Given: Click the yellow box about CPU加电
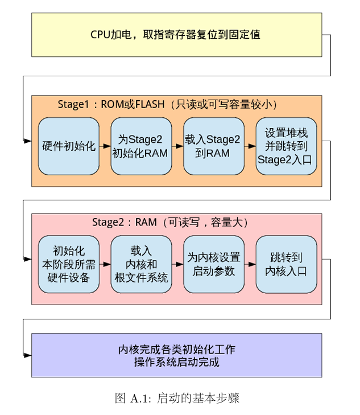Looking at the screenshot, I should coord(176,34).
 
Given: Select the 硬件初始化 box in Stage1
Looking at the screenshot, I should coord(68,146).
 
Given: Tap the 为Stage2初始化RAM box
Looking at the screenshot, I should coord(140,146).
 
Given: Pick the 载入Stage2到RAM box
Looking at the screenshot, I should coord(213,146).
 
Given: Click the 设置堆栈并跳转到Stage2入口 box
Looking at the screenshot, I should coord(285,146).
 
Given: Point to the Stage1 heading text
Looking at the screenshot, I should coord(168,104).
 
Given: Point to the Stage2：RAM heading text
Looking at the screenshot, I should coord(170,222).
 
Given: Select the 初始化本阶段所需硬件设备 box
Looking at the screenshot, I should coord(68,264).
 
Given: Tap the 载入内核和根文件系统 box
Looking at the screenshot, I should coord(140,264).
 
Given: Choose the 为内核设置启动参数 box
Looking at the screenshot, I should coord(213,264).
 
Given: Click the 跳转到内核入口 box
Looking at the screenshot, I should coord(285,264).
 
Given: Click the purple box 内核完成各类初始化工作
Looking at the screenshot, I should coord(176,355).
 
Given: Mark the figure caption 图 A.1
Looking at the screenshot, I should coord(177,398).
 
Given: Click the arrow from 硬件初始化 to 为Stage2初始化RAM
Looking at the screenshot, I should coord(105,146).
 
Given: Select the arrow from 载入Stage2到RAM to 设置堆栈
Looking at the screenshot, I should coord(250,146).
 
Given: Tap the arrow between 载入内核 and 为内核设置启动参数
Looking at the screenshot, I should coord(177,264).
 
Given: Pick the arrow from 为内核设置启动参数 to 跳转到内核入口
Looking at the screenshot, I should coord(250,264).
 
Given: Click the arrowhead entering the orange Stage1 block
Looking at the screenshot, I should coord(28,140).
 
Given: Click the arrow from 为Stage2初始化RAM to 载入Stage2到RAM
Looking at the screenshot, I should coord(177,146).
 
